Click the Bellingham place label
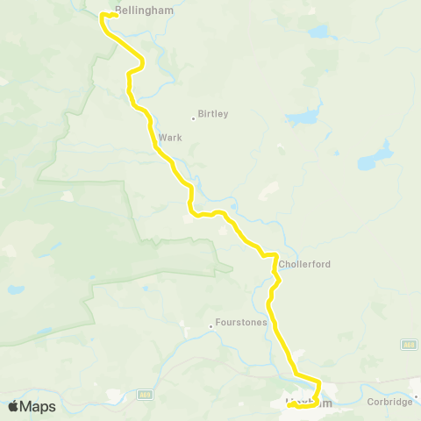coord(145,12)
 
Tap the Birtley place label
coord(213,114)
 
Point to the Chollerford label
coord(304,263)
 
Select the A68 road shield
coord(408,345)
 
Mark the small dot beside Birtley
coord(194,118)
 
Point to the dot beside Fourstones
coord(211,326)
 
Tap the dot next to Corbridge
coord(417,396)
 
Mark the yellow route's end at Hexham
coord(289,406)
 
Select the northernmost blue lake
coord(318,33)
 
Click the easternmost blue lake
coord(374,159)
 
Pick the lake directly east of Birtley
coord(303,117)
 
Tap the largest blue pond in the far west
coord(16,289)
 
